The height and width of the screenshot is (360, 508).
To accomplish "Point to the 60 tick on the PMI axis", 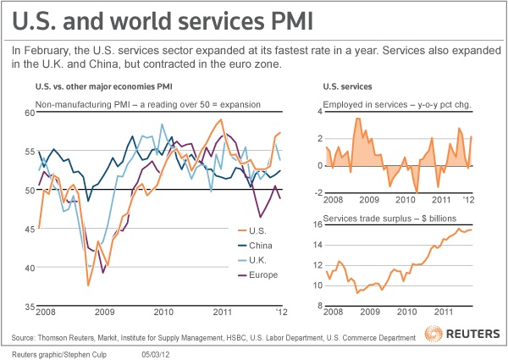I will (x=29, y=112).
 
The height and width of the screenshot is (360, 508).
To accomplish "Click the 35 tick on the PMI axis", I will (x=29, y=306).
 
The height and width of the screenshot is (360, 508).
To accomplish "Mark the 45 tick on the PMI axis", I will (x=29, y=229).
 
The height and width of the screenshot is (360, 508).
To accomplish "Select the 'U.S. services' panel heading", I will (x=349, y=87).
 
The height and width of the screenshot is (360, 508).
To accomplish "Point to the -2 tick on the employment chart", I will (x=316, y=193).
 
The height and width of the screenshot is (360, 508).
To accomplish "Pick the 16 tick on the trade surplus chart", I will (x=316, y=224).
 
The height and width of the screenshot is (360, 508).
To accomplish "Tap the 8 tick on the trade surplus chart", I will (x=317, y=306).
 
